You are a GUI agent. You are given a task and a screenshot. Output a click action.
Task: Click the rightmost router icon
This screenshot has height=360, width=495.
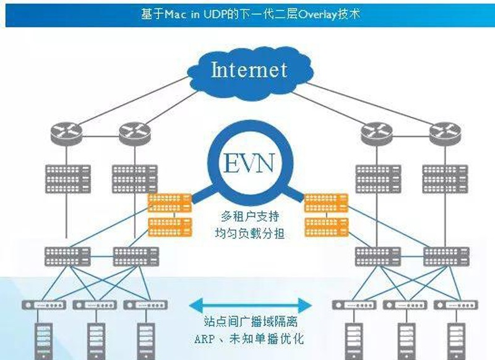click(444, 132)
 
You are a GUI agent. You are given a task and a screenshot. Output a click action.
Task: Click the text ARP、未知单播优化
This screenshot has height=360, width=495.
click(249, 339)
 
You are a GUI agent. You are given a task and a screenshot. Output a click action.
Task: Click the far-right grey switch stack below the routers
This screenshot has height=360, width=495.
click(444, 179)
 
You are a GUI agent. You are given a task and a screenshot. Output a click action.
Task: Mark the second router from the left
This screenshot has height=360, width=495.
click(134, 132)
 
